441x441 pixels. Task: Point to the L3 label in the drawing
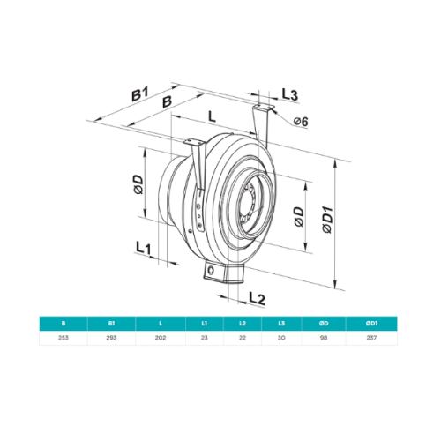pyautogui.click(x=290, y=94)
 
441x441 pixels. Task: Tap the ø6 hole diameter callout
pyautogui.click(x=298, y=121)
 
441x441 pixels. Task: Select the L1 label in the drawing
pyautogui.click(x=145, y=248)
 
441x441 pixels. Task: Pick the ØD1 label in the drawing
pyautogui.click(x=326, y=219)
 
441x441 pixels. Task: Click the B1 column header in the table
pyautogui.click(x=110, y=324)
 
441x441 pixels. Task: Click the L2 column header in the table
pyautogui.click(x=243, y=324)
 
